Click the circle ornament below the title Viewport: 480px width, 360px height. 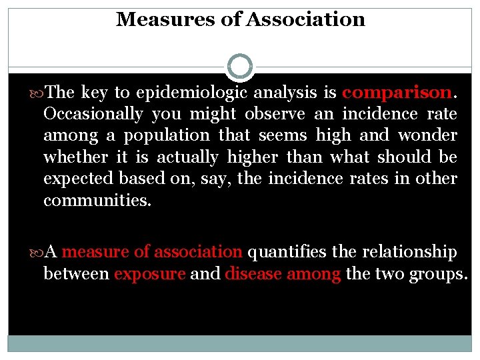(x=240, y=67)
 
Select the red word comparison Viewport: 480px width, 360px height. (x=396, y=93)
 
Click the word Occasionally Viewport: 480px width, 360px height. (x=93, y=114)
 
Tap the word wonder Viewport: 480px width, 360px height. (x=427, y=135)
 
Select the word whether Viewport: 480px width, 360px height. (x=75, y=157)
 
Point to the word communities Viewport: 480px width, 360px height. (x=97, y=200)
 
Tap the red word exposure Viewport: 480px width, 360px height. (x=149, y=273)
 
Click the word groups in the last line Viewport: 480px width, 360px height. (x=439, y=273)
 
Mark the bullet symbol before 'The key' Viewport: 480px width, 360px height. (x=37, y=93)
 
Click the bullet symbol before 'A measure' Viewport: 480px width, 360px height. (x=37, y=252)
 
